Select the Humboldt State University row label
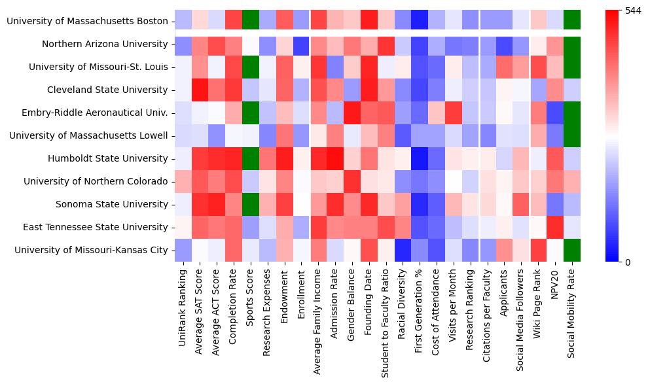pyautogui.click(x=108, y=158)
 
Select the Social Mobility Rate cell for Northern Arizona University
pyautogui.click(x=571, y=44)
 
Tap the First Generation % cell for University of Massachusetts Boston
pyautogui.click(x=418, y=22)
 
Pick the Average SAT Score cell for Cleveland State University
pyautogui.click(x=200, y=90)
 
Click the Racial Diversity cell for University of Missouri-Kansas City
pyautogui.click(x=402, y=250)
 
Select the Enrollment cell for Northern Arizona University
pyautogui.click(x=301, y=44)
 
